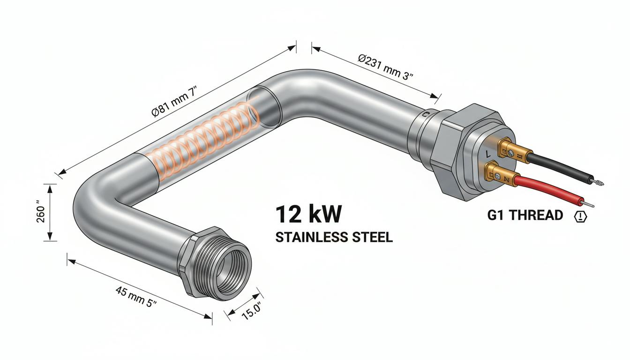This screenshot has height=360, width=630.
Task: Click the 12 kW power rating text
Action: point(309,214)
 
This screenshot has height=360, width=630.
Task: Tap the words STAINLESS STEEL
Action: point(334,237)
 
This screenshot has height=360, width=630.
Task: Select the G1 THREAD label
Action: point(525,216)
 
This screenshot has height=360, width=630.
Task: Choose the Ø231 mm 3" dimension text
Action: point(385,67)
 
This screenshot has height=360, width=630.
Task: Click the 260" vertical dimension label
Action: point(41,211)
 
